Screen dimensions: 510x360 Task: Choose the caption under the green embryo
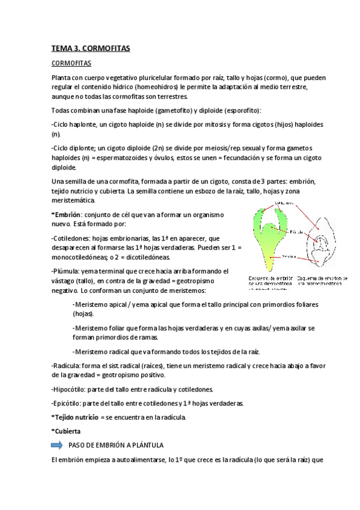pos(270,280)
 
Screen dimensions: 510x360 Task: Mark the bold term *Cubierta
pos(66,431)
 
